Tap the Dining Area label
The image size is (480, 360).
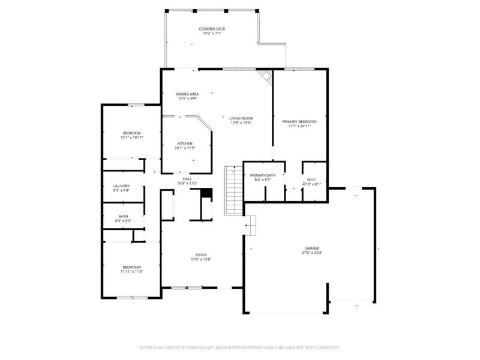[x=187, y=94]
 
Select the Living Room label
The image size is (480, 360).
[x=241, y=118]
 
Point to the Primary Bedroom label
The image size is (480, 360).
[x=299, y=121]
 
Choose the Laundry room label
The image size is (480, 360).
[x=121, y=186]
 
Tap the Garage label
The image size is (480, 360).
[x=311, y=248]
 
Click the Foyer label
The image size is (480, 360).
[x=200, y=254]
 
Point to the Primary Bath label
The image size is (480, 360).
[x=262, y=175]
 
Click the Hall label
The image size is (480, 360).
[x=187, y=179]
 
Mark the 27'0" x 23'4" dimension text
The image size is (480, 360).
[x=311, y=253]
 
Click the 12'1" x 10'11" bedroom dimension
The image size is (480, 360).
[x=132, y=137]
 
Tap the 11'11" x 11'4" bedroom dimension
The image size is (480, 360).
[x=132, y=272]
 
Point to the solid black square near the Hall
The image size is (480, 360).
[x=206, y=193]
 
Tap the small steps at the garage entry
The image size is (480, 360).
[x=250, y=226]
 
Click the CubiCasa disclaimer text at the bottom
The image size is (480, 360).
[x=240, y=347]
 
